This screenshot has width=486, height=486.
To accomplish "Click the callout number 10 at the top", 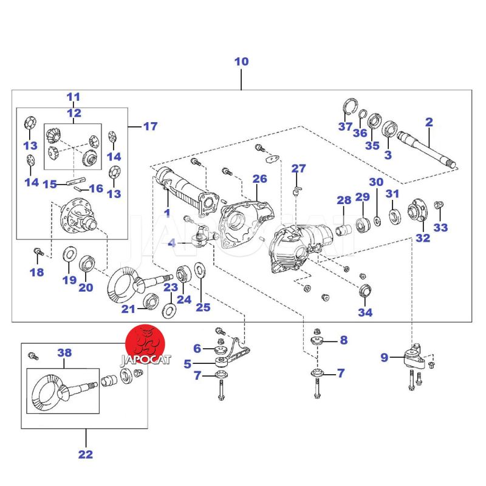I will click(x=241, y=61).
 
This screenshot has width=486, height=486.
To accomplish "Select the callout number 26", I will click(x=259, y=179).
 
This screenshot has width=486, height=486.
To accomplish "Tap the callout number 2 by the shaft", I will click(x=429, y=122).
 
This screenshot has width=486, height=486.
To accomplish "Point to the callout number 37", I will click(x=346, y=126).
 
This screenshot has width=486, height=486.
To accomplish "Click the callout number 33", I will click(x=440, y=228).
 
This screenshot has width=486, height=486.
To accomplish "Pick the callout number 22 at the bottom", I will click(x=86, y=454).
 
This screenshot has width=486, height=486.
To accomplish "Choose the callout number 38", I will click(x=64, y=352).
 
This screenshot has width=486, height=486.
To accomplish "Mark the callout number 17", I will click(x=150, y=126).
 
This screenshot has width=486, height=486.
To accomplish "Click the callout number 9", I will click(x=384, y=358).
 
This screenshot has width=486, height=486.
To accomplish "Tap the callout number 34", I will click(x=365, y=312).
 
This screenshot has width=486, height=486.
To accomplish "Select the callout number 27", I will click(x=298, y=168).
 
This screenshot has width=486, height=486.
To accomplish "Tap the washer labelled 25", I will click(x=200, y=272).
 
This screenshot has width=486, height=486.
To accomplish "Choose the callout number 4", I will click(x=172, y=243).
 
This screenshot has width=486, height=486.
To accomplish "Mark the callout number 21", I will click(x=127, y=309).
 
